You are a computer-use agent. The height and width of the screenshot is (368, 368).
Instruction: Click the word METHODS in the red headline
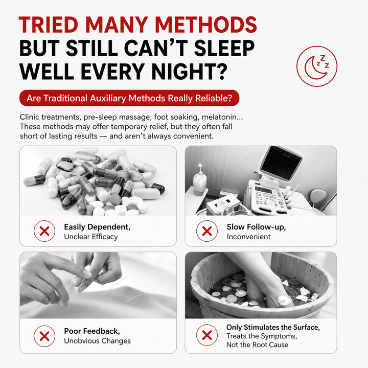pyautogui.click(x=206, y=25)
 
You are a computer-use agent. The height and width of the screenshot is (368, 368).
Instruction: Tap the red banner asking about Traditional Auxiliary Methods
pyautogui.click(x=129, y=98)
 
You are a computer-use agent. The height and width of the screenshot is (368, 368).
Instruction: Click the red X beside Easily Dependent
pyautogui.click(x=44, y=231)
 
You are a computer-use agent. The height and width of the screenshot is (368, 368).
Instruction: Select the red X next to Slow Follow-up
pyautogui.click(x=207, y=231)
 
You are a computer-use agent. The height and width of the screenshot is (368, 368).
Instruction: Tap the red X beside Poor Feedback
pyautogui.click(x=44, y=336)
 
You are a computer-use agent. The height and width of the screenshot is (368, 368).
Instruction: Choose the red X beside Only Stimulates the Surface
pyautogui.click(x=207, y=335)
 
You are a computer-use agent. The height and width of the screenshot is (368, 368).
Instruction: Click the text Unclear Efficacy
pyautogui.click(x=91, y=237)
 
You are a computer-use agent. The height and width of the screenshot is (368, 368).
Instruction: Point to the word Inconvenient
pyautogui.click(x=248, y=237)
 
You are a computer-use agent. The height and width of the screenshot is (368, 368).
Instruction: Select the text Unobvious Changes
pyautogui.click(x=98, y=341)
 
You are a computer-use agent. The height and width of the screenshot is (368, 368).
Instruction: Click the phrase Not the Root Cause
pyautogui.click(x=257, y=345)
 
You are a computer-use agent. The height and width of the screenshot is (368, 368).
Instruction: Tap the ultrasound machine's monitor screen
pyautogui.click(x=281, y=162)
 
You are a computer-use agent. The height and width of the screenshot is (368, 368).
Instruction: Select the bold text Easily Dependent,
pyautogui.click(x=97, y=227)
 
